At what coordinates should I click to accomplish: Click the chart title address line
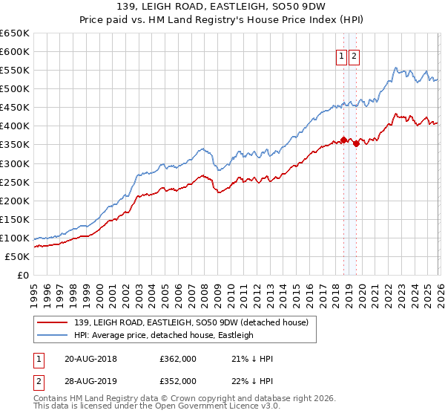click(x=222, y=7)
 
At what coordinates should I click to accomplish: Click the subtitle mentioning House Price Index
click(x=222, y=20)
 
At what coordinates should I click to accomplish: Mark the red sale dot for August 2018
click(x=343, y=139)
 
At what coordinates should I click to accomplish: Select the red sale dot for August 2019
click(x=357, y=143)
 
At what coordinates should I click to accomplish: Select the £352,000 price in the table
click(x=178, y=380)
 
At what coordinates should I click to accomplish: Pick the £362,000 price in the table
click(x=178, y=359)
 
